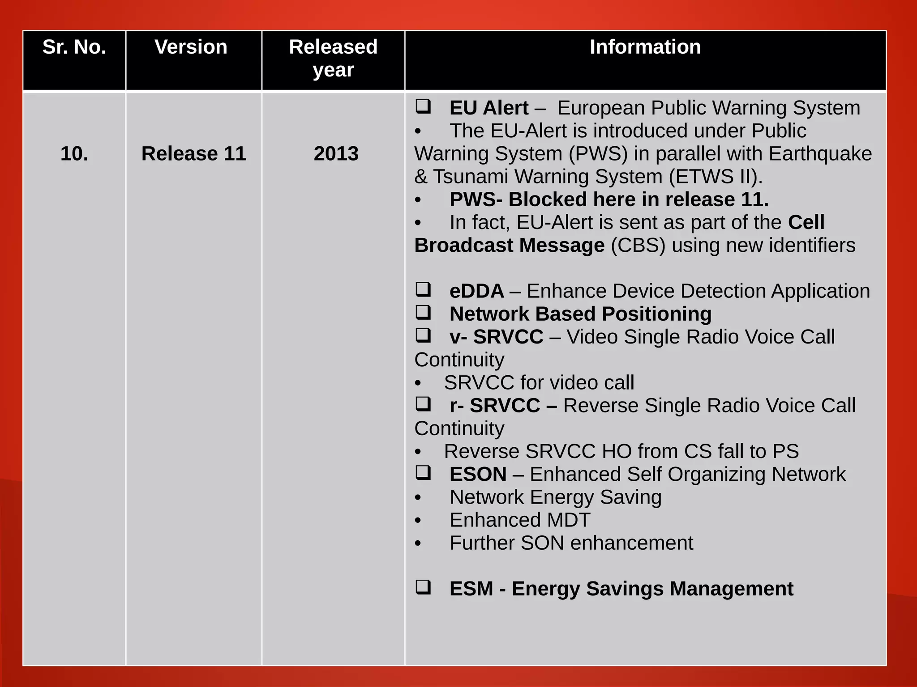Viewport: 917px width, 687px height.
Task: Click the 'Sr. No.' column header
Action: click(74, 47)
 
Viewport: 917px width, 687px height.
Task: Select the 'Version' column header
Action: click(191, 47)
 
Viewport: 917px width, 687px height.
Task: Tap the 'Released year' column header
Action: click(333, 58)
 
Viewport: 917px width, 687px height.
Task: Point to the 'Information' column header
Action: click(645, 47)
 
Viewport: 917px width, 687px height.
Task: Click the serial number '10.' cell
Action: click(74, 154)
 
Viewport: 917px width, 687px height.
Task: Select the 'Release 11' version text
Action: click(193, 154)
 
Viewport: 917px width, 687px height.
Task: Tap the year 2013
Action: click(336, 154)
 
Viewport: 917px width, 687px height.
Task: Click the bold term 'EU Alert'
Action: click(489, 108)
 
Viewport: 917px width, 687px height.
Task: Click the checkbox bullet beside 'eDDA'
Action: click(423, 289)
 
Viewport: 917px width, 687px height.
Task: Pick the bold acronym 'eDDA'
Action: click(476, 291)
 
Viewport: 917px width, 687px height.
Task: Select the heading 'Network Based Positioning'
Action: click(580, 314)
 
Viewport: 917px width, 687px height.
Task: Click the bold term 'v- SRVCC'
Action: click(496, 337)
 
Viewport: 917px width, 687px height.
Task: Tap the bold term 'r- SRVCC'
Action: click(495, 406)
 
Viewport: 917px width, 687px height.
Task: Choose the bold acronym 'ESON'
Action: click(478, 474)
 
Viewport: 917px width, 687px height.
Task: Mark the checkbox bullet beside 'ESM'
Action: click(423, 587)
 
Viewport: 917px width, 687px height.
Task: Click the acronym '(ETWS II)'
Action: click(716, 177)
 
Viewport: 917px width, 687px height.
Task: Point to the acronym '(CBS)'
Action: click(638, 246)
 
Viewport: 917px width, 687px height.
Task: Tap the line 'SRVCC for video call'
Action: click(539, 383)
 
